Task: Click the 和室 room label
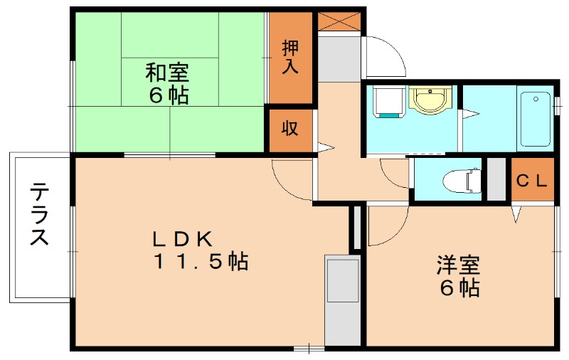pyautogui.click(x=168, y=72)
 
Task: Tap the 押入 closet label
pyautogui.click(x=290, y=57)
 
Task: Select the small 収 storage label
pyautogui.click(x=289, y=129)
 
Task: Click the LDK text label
pyautogui.click(x=181, y=238)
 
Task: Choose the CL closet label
pyautogui.click(x=532, y=180)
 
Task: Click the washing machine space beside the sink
pyautogui.click(x=388, y=102)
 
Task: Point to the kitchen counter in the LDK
pyautogui.click(x=342, y=300)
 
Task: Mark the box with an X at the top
pyautogui.click(x=339, y=21)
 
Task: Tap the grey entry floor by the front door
pyautogui.click(x=339, y=57)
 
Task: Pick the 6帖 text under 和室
pyautogui.click(x=168, y=95)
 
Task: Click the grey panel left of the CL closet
pyautogui.click(x=496, y=180)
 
